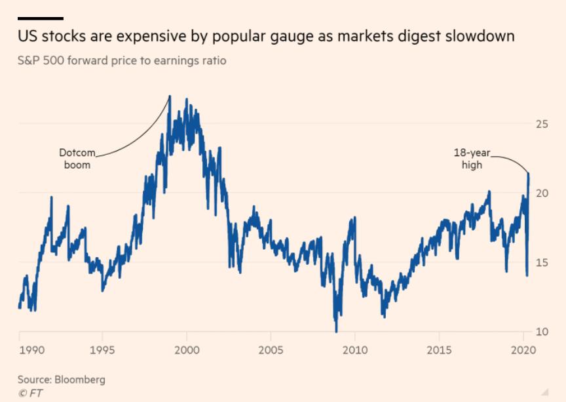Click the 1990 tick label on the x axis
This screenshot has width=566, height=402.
click(31, 350)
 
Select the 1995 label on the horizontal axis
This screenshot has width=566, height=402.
click(102, 350)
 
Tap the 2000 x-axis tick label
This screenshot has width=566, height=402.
click(187, 350)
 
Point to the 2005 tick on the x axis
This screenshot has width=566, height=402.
click(271, 350)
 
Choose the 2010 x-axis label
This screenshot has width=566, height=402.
click(354, 350)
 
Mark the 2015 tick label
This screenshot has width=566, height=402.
click(438, 350)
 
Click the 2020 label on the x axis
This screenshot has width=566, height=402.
click(522, 350)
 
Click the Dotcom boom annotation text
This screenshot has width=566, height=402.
click(77, 159)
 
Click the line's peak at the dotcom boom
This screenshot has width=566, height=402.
click(170, 96)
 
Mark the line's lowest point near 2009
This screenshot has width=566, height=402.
click(336, 331)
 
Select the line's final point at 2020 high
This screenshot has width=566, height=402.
click(529, 173)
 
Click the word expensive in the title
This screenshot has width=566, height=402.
click(144, 36)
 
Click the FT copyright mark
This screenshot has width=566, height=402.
click(30, 393)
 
